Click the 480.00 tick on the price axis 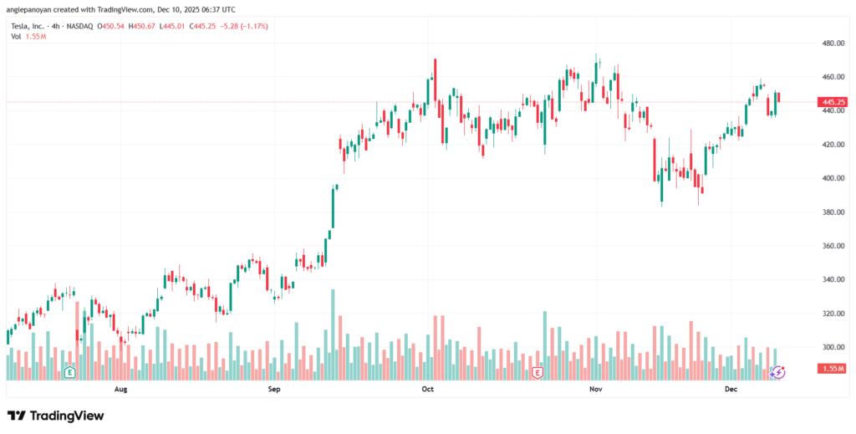(833, 43)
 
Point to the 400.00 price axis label (833, 178)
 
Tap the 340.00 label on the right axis (833, 279)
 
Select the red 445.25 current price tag (834, 102)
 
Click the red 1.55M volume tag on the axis (833, 369)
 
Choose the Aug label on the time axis (120, 389)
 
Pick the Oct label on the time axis (427, 389)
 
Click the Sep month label (273, 389)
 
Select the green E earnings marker (70, 371)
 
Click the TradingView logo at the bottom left (56, 416)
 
